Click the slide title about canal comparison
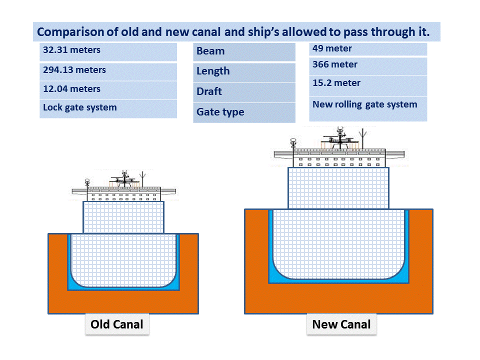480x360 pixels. pos(233,32)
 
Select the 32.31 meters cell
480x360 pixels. pos(108,51)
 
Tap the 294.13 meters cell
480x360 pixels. pos(108,71)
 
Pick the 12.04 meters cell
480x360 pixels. pos(108,90)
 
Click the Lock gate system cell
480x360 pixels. pos(108,108)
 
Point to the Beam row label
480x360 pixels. pos(244,51)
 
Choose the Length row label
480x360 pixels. pos(244,71)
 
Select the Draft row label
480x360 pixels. pos(244,92)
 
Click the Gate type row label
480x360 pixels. pos(244,112)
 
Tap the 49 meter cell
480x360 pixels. pos(368,49)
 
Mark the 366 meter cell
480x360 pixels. pos(368,65)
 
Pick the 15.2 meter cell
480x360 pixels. pos(368,84)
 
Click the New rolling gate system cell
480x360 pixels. pos(368,108)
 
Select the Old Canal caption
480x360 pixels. pos(117,324)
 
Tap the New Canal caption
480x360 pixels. pos(341,324)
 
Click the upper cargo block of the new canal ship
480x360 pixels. pos(338,188)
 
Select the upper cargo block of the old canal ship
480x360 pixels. pos(123,217)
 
